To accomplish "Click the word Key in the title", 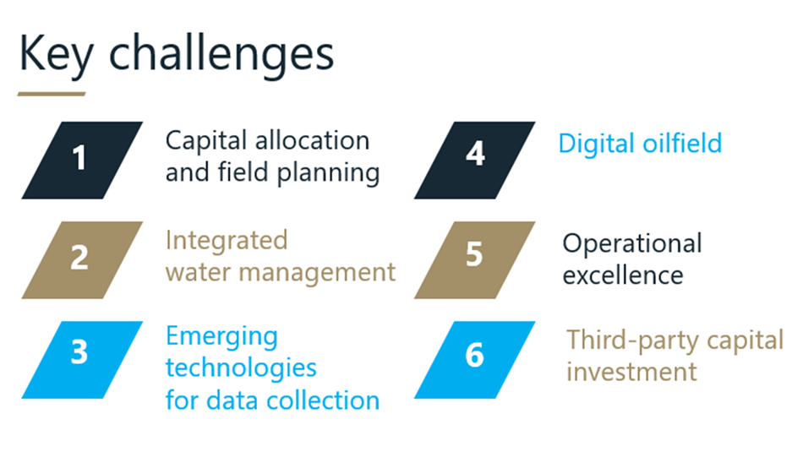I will [57, 54].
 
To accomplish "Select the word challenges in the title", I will [223, 54].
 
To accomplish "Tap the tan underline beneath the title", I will [52, 94].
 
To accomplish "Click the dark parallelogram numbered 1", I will [81, 160].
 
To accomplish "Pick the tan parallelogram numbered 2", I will [81, 258].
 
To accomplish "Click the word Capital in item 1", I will [200, 140].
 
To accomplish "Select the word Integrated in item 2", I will [227, 241].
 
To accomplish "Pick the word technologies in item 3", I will [241, 368].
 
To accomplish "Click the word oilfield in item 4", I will [681, 144].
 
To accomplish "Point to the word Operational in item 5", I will [632, 244].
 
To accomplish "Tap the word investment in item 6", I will [631, 372].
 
